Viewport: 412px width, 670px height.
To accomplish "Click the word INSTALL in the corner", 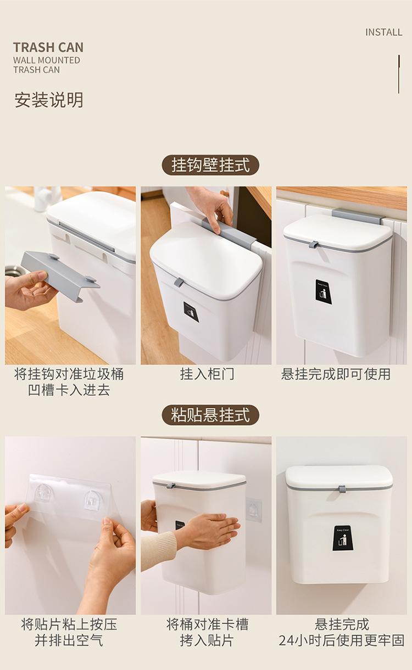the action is click(x=383, y=32).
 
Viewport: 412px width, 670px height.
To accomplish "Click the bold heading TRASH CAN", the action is click(x=48, y=48).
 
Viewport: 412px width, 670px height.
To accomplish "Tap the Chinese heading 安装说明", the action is click(x=49, y=100).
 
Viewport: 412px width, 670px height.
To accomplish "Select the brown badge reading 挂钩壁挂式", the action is click(x=210, y=165).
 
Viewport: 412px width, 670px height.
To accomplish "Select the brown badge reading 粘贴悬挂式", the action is click(x=210, y=415).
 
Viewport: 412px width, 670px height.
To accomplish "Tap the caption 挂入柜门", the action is click(x=207, y=374).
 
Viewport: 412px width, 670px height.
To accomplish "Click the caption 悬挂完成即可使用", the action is click(x=336, y=374).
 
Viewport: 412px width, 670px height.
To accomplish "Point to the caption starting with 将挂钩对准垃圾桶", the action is click(x=69, y=382).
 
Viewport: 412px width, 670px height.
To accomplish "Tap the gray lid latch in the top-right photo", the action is click(x=314, y=244).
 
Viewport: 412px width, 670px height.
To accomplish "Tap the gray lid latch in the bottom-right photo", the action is click(x=342, y=489).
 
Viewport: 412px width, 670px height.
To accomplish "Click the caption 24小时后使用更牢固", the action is click(x=342, y=641).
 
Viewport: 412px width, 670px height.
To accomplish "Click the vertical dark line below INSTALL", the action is click(x=398, y=74).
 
